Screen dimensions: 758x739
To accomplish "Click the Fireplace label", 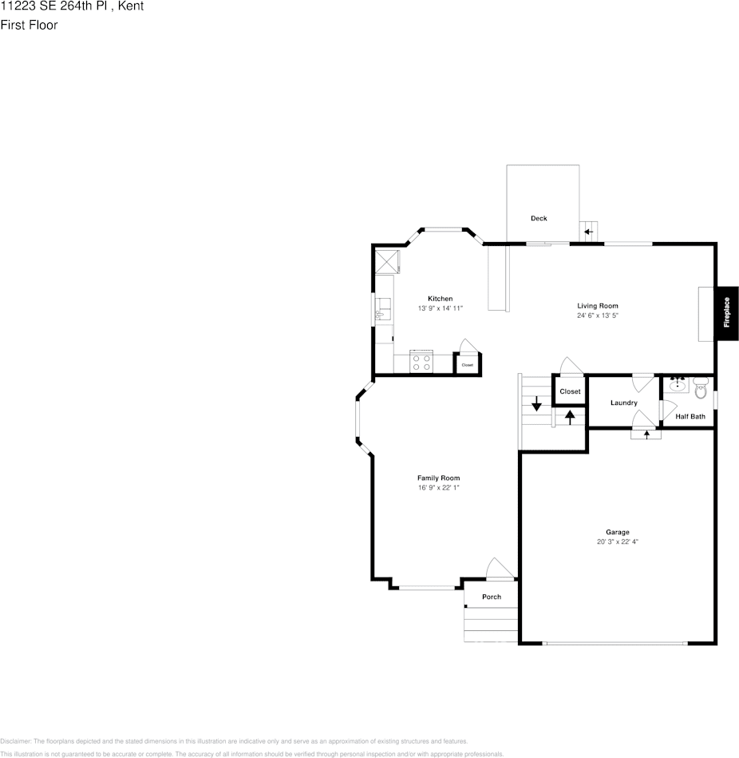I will point(726,313).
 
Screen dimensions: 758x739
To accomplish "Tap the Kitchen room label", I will point(440,299).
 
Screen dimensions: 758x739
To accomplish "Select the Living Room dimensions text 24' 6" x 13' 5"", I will point(598,316).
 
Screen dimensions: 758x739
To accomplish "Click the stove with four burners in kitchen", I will point(421,363).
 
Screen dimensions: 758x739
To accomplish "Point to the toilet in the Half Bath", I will point(701,390).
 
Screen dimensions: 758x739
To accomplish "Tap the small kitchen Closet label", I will point(467,365).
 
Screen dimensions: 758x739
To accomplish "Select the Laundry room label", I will point(623,403).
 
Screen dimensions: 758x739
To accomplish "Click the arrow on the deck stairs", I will point(588,232).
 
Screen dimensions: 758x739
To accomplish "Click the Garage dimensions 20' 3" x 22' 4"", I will point(617,542).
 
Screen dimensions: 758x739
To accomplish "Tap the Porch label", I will point(492,597).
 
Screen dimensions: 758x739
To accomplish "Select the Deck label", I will point(539,218).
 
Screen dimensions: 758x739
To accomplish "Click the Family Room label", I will point(438,478).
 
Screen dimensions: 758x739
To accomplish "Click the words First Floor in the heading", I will point(29,25).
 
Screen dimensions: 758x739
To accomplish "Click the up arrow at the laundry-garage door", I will point(646,434).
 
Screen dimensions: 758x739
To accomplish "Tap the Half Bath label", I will point(690,416).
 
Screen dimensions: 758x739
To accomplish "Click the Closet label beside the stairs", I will point(570,391).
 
